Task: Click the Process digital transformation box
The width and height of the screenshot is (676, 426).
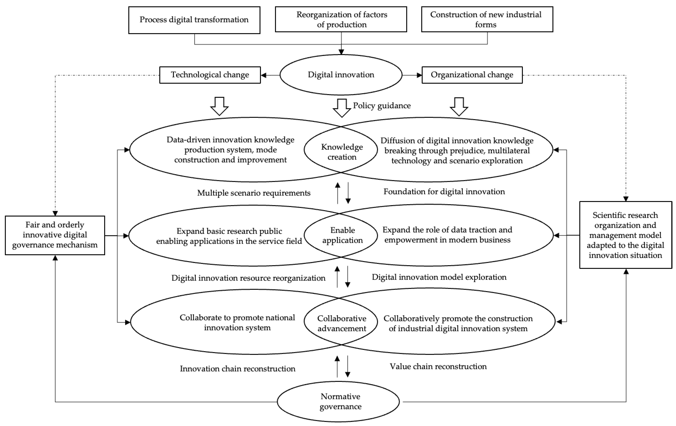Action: (194, 20)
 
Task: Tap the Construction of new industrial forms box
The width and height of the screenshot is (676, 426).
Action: (487, 19)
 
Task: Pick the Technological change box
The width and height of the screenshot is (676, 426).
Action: (210, 75)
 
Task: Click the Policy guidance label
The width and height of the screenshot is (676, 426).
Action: (382, 106)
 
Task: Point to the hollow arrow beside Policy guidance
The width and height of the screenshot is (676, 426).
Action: (342, 108)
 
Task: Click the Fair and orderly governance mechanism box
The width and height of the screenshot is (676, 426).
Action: (55, 235)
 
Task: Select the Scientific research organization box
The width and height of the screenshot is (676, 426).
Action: (625, 235)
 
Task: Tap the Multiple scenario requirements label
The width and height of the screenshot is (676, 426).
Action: (254, 193)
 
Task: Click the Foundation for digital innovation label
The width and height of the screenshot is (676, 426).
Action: (444, 191)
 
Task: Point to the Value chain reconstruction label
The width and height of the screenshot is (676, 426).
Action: (438, 366)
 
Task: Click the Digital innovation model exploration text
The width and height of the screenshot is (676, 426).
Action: (439, 277)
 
